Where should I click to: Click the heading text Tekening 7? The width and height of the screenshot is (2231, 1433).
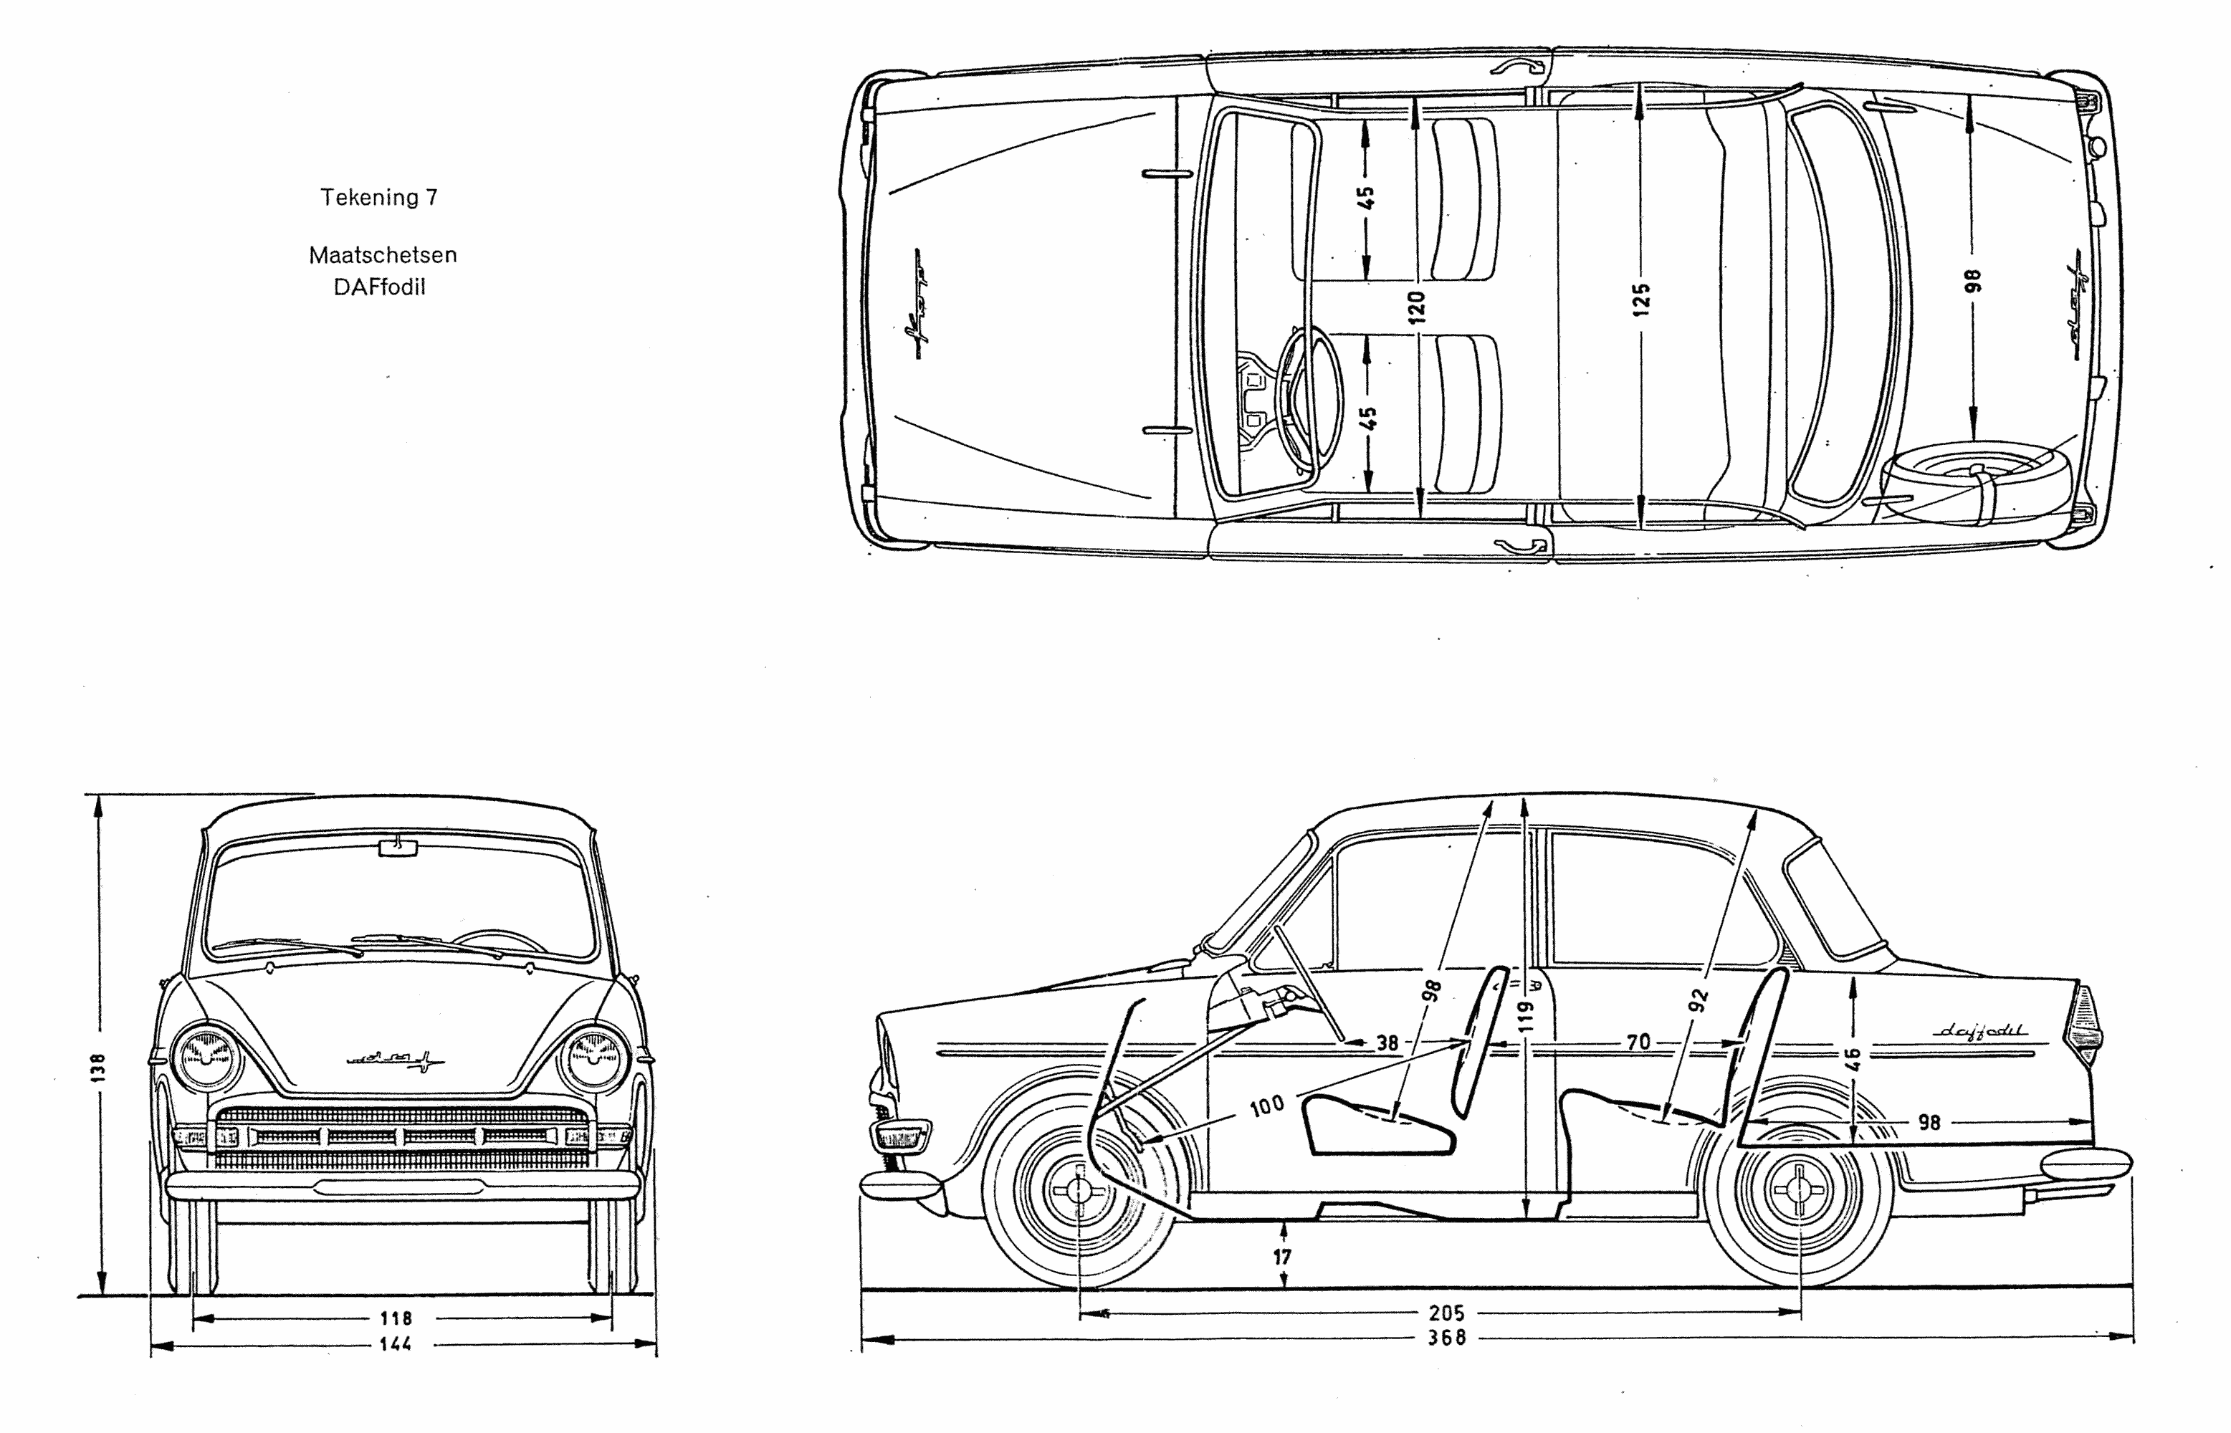coord(379,197)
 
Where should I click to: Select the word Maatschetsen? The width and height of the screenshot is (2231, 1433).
coord(383,255)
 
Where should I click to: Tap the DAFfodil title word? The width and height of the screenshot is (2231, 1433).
coord(380,287)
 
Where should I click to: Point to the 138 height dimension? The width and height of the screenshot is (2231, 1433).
coord(99,1068)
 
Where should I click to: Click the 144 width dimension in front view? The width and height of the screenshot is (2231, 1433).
coord(396,1343)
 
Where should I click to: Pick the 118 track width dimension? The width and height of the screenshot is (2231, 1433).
coord(396,1318)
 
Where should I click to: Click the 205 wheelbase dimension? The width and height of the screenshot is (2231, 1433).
coord(1446,1313)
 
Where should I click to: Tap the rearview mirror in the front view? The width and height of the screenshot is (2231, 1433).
coord(398,847)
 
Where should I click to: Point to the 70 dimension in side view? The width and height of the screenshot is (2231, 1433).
coord(1638,1043)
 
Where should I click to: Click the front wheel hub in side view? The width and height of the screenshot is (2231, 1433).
coord(1079,1191)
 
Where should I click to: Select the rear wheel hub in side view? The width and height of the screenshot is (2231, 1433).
coord(1800,1191)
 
